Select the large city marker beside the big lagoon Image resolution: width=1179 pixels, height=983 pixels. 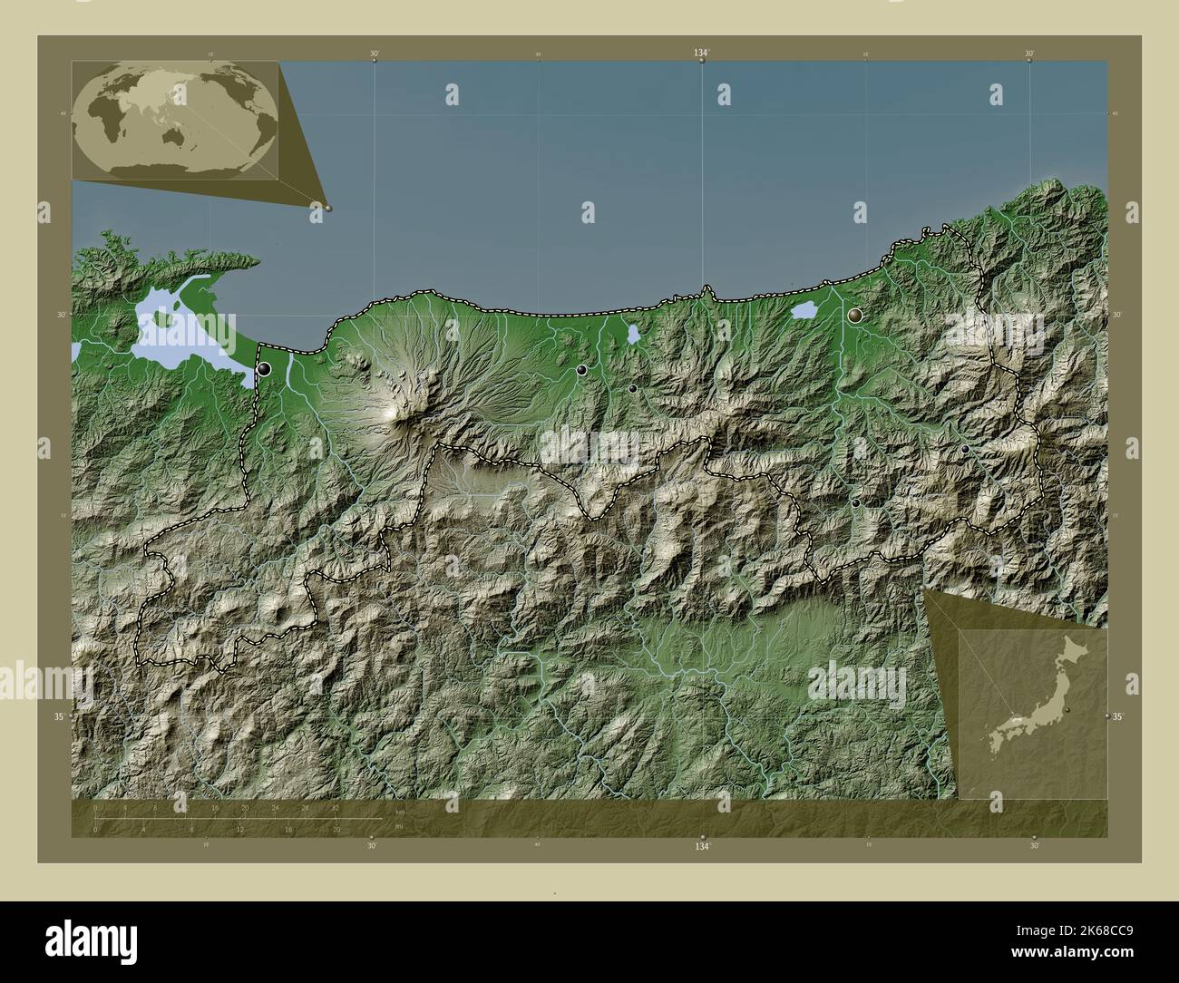264,369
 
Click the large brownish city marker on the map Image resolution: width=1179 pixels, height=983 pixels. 855,316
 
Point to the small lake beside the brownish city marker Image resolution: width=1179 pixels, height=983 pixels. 804,310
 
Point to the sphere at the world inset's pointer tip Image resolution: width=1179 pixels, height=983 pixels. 328,208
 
